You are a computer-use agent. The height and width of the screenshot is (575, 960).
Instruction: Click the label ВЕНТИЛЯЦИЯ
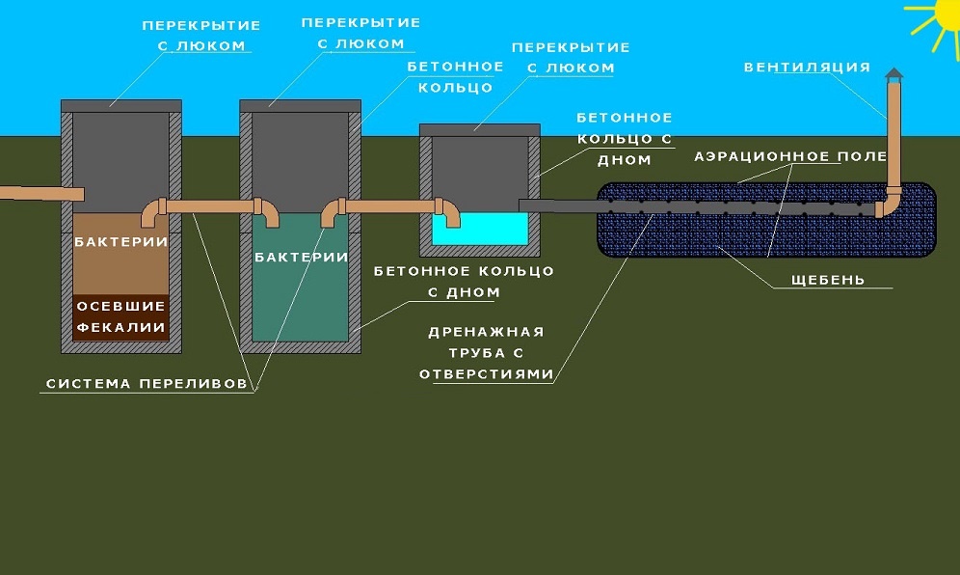tap(807, 68)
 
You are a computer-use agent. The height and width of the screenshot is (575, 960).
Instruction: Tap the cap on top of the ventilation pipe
tap(894, 75)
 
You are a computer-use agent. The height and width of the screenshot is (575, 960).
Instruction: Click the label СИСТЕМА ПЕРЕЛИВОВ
tap(152, 384)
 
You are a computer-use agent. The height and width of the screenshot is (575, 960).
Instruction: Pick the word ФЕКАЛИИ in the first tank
tap(121, 327)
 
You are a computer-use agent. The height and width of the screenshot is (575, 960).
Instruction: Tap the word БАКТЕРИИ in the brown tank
tap(121, 241)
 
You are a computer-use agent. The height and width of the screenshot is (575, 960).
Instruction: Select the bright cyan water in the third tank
tap(479, 229)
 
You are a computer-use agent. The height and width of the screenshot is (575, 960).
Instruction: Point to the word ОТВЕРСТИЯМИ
tap(487, 373)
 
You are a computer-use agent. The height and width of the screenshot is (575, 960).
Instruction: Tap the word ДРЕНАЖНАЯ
tap(487, 331)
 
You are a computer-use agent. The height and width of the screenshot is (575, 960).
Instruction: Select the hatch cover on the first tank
tap(120, 104)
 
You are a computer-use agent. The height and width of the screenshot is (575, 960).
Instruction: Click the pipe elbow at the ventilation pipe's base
tap(888, 205)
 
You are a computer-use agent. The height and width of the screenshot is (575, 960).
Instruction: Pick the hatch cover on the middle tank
tap(300, 104)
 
